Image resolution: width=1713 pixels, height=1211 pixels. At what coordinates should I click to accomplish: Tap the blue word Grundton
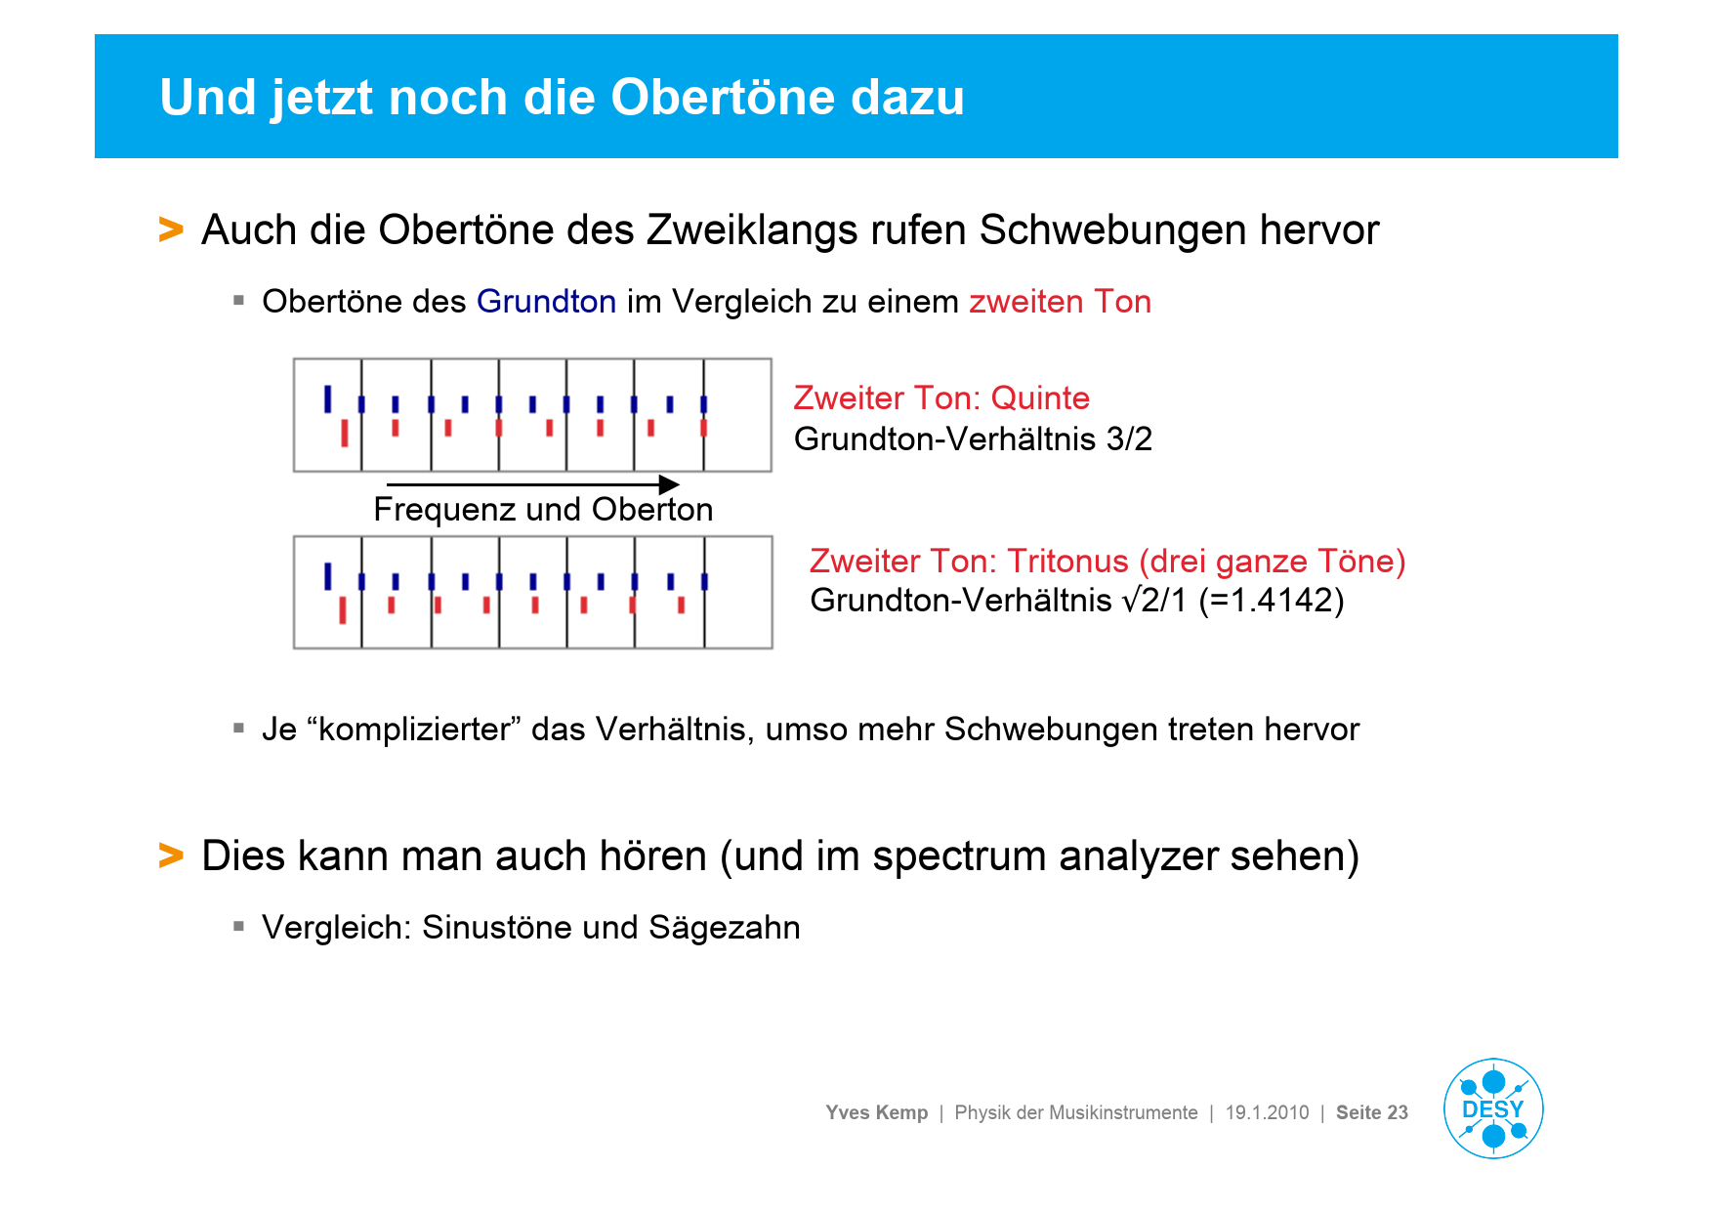point(546,302)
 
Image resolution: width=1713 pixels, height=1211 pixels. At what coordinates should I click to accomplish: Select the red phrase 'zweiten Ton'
point(1060,302)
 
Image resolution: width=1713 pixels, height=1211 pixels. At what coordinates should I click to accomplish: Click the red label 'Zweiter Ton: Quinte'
point(940,398)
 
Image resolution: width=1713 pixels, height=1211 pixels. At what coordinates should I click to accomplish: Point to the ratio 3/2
point(1129,439)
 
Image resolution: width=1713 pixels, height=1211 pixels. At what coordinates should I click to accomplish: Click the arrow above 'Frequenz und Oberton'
point(533,484)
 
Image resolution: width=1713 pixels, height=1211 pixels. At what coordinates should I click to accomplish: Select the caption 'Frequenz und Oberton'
point(543,510)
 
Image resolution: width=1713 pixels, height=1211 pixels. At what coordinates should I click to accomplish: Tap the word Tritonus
point(1067,562)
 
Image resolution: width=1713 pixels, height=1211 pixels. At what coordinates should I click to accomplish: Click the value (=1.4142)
point(1272,601)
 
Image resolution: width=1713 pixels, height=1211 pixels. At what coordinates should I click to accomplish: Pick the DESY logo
point(1492,1108)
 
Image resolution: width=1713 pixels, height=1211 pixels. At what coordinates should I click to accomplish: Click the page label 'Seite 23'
point(1371,1112)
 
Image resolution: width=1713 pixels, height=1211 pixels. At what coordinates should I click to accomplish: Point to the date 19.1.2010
point(1267,1112)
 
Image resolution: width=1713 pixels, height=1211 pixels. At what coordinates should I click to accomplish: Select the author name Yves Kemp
point(876,1112)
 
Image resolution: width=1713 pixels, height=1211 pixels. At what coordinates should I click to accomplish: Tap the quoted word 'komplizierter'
point(414,730)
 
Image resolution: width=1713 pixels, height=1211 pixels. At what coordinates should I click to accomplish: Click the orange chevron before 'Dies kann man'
point(171,856)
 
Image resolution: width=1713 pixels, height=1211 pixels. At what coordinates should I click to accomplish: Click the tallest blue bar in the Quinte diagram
point(327,398)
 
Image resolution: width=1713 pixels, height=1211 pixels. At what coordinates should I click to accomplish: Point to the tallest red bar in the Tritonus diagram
point(343,609)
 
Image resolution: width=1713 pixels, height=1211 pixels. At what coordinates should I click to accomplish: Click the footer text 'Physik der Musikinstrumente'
point(1075,1112)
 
